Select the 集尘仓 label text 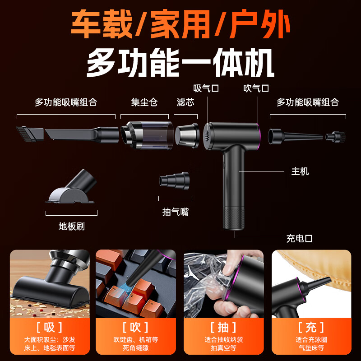144,102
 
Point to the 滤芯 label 185,102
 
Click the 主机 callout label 300,171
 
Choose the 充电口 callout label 299,238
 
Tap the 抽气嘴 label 176,211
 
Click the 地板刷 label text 72,226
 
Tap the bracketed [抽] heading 223,327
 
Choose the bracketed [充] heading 311,327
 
